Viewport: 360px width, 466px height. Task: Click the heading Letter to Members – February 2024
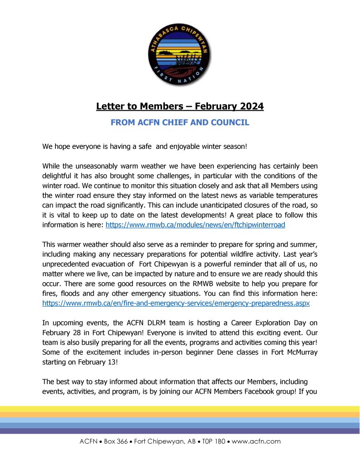180,107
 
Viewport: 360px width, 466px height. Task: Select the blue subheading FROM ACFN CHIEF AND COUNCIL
180,122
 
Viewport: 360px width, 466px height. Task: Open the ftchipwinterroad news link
195,225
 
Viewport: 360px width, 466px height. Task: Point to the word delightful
59,175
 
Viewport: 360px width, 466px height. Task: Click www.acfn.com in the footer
256,441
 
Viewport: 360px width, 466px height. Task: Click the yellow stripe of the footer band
180,409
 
